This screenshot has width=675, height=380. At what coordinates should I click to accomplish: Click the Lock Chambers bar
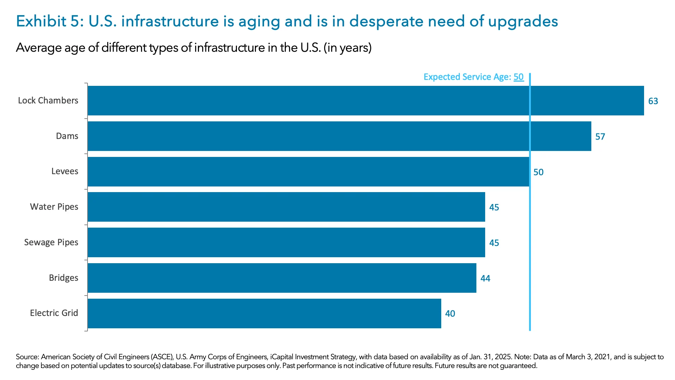pos(366,101)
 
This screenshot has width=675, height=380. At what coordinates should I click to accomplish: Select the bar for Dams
pos(339,136)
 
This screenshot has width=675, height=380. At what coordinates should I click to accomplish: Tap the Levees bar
pos(308,172)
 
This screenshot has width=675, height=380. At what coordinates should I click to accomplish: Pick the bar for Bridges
pos(282,278)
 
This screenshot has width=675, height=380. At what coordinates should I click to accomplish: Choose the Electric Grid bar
pos(264,313)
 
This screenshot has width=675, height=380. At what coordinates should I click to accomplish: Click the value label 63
pos(653,101)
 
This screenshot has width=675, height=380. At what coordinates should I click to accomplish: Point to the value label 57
pos(600,137)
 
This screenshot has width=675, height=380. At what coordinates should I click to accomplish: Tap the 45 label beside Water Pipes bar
pos(494,208)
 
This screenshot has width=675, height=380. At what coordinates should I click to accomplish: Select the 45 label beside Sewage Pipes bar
pos(494,243)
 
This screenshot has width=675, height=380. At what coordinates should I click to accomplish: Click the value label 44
pos(485,279)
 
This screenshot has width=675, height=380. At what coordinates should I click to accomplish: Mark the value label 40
pos(450,314)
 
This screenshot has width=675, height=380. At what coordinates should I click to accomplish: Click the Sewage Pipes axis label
pos(51,242)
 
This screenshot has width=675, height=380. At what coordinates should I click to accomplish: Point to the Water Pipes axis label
pos(54,207)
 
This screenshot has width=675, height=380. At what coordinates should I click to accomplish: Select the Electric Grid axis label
pos(54,313)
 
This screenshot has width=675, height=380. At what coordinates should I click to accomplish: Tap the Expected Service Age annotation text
pos(467,77)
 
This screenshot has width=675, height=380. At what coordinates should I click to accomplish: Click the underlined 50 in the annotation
pos(519,77)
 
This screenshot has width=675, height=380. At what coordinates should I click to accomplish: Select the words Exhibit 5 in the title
pos(50,21)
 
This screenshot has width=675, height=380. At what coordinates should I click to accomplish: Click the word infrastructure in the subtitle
pos(230,47)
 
